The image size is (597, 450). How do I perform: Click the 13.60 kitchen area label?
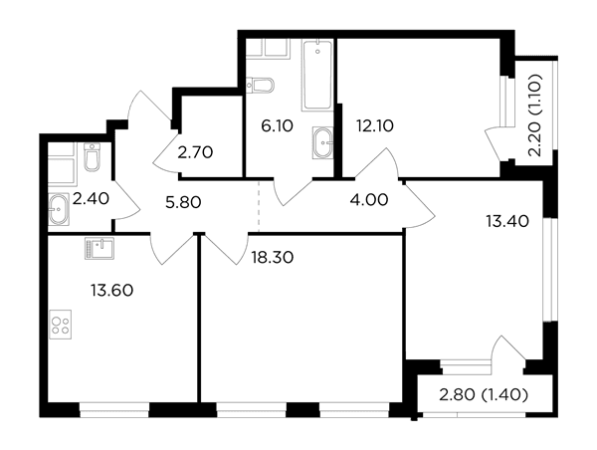[111, 291]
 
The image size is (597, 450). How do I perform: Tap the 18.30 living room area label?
[273, 258]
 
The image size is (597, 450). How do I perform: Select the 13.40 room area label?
[507, 221]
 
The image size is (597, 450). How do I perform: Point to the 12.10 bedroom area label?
[375, 125]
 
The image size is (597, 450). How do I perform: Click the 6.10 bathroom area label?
[278, 125]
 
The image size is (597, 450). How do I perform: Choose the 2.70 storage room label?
[195, 152]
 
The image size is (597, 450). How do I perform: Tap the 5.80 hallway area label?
[183, 202]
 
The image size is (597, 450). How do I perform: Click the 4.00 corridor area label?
[369, 200]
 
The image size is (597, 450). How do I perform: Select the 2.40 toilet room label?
[91, 198]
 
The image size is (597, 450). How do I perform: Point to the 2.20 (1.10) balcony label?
[535, 115]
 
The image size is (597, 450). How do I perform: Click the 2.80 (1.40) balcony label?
[484, 395]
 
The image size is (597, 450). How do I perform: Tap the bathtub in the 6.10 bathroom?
[317, 75]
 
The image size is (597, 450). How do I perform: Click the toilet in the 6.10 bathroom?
[260, 85]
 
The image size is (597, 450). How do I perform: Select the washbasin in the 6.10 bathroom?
[322, 143]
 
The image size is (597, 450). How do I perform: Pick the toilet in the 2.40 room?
[93, 156]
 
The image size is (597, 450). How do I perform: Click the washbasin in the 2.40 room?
[59, 209]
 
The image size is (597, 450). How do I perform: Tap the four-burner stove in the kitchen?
[60, 325]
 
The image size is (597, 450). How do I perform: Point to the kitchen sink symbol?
[99, 248]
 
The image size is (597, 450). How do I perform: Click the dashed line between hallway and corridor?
[259, 206]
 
